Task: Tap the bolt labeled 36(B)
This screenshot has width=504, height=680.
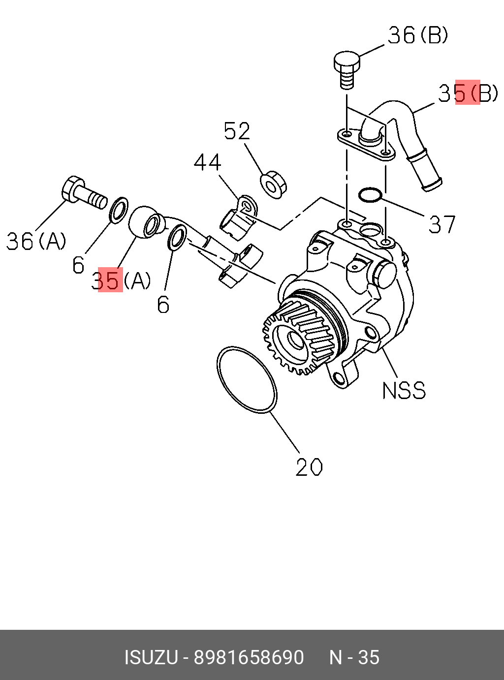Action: (346, 69)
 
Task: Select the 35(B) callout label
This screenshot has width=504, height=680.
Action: (468, 93)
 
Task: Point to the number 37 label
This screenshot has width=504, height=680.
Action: (442, 224)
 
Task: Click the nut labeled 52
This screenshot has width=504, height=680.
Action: (273, 185)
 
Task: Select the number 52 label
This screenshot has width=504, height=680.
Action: (237, 131)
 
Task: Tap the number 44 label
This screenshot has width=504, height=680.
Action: (207, 162)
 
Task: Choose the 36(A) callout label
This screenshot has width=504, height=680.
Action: (36, 241)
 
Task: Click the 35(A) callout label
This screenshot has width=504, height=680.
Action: (121, 280)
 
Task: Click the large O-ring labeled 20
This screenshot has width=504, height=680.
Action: (247, 380)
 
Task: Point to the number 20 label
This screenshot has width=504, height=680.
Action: (309, 467)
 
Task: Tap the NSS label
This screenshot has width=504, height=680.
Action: (404, 391)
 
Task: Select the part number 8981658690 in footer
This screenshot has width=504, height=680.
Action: (249, 657)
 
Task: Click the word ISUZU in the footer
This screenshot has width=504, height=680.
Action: (151, 657)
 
